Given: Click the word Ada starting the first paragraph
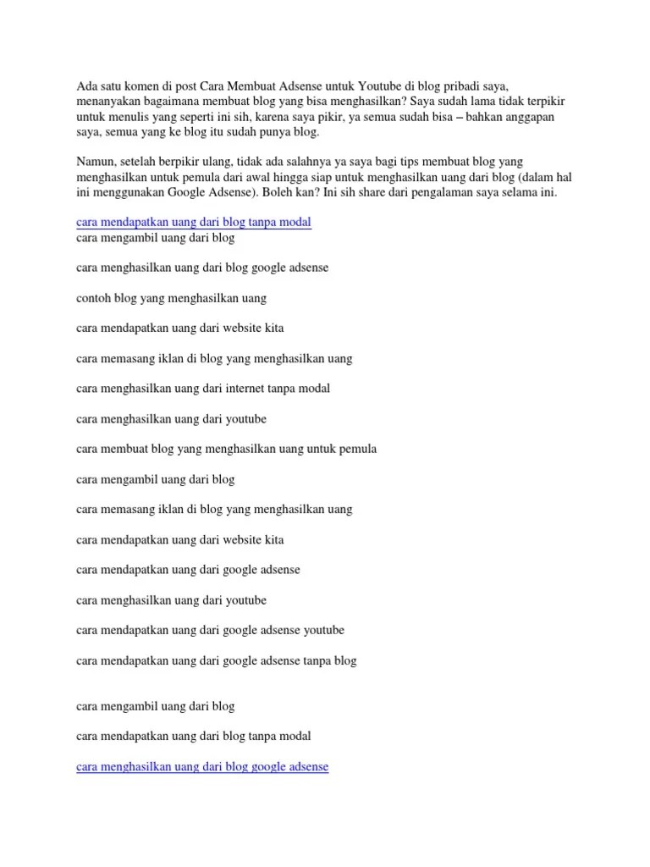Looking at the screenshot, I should point(86,86).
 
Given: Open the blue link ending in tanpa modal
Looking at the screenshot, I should point(194,223).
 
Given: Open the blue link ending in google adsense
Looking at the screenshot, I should point(202,767).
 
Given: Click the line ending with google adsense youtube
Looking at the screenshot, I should point(210,631).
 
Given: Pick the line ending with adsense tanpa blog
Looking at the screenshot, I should point(216,661).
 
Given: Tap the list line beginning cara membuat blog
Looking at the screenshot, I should point(226,449).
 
